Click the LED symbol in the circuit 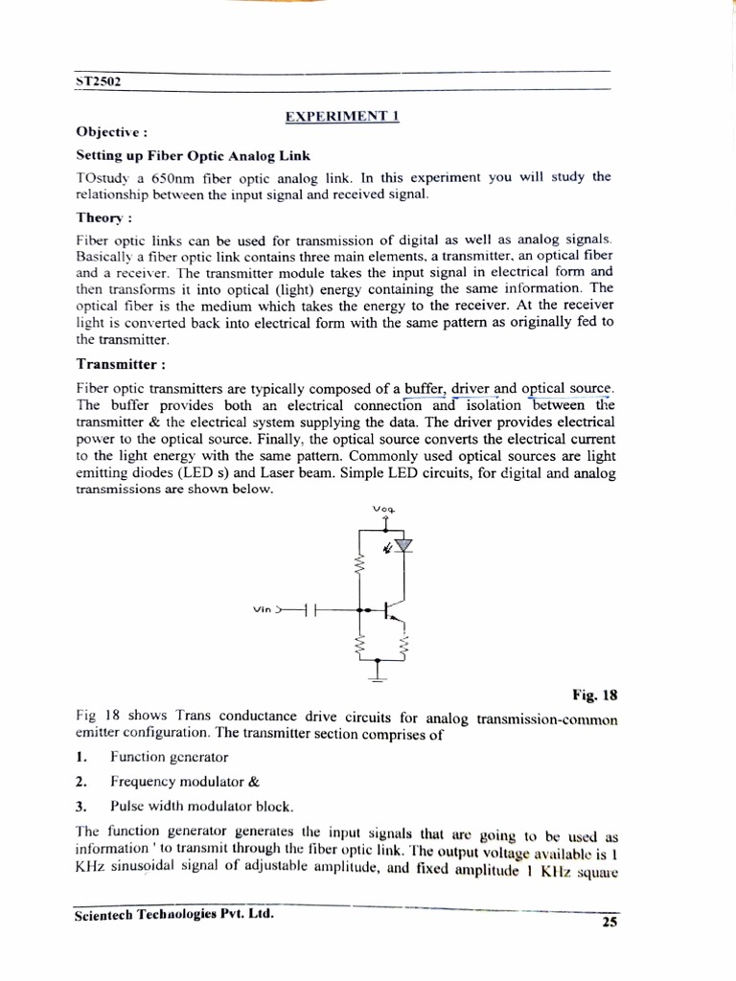[x=403, y=545]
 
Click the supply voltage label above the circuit [x=384, y=509]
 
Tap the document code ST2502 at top [x=97, y=81]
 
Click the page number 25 [x=609, y=923]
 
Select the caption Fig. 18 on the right [x=597, y=696]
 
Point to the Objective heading [x=111, y=133]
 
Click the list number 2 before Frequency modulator [x=82, y=781]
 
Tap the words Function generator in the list [x=169, y=757]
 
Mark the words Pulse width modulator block [x=200, y=806]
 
